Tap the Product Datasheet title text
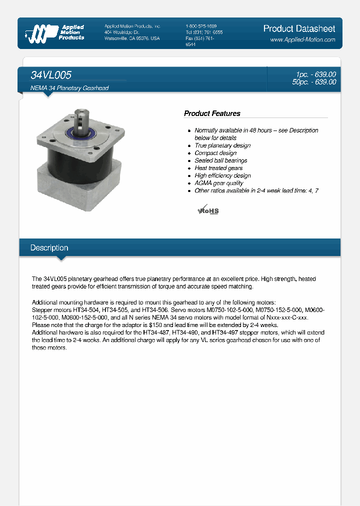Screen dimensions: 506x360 tap(299, 28)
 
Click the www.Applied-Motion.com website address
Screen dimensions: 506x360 tap(302, 39)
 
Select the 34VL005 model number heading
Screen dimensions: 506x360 tap(51, 75)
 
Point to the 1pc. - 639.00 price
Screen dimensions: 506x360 tap(315, 74)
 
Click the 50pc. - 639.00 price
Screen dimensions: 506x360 tap(314, 82)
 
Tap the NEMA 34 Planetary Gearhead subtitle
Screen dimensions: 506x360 tap(69, 88)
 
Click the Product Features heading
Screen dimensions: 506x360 tap(212, 113)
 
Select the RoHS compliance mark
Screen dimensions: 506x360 tap(208, 209)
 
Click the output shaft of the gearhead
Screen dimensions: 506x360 tap(81, 119)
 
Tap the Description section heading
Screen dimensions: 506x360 tap(49, 248)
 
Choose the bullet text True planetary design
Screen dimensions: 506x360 tap(222, 145)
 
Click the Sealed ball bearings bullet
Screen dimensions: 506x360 tap(220, 160)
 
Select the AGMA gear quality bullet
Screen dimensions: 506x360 tap(218, 183)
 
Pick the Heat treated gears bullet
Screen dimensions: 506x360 tap(218, 168)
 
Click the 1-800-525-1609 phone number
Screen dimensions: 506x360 tap(201, 26)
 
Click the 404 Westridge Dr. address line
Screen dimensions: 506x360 tap(125, 32)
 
